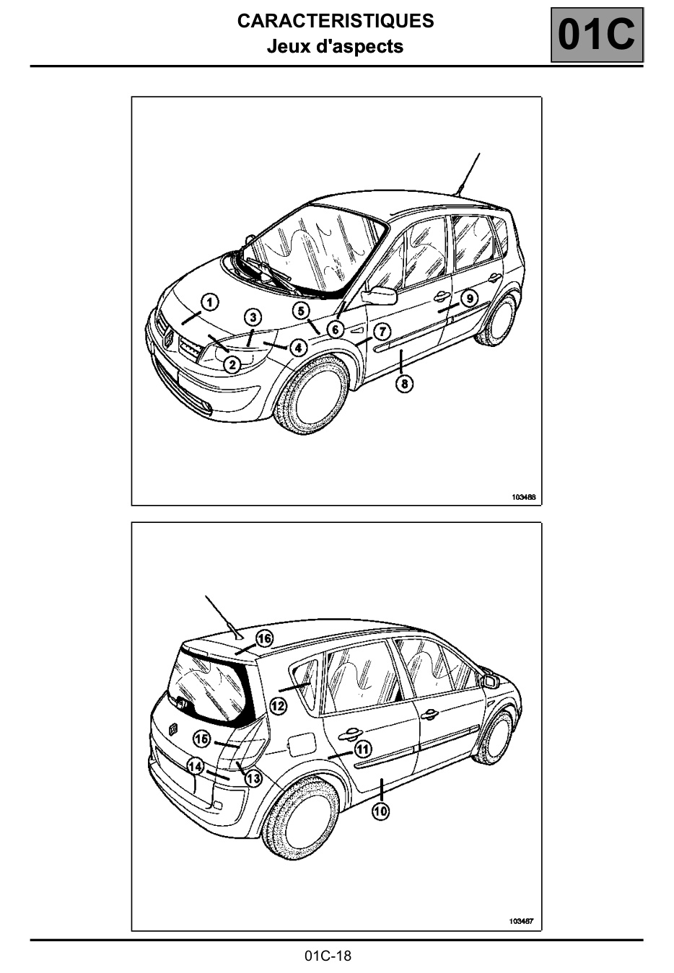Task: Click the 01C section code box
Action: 597,35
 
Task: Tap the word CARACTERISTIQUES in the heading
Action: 336,21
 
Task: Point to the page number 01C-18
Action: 328,956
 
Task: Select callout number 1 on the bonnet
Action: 210,302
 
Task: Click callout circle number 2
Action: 232,364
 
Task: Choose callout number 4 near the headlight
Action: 298,348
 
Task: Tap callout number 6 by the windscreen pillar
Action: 335,330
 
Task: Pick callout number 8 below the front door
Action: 405,383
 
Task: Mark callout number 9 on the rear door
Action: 470,299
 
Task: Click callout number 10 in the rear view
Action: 381,811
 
